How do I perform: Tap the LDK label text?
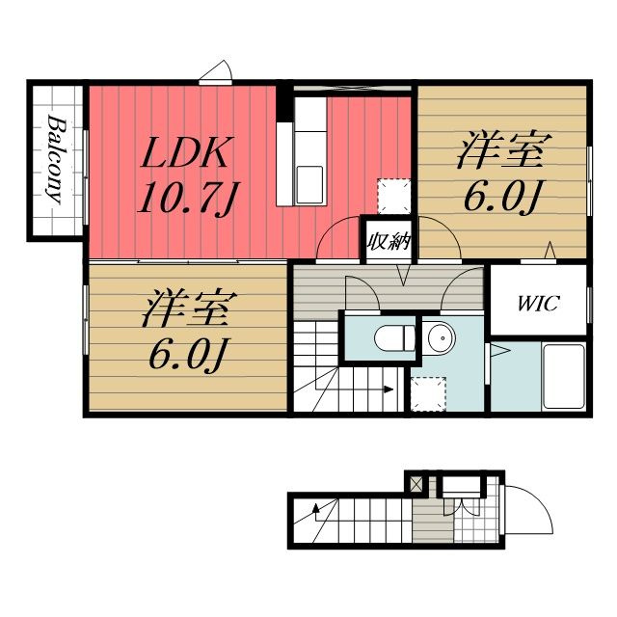tap(184, 152)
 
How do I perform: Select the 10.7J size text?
tap(189, 198)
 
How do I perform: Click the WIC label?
tap(538, 304)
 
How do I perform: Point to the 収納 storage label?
tap(389, 242)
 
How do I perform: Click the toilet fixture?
tap(394, 338)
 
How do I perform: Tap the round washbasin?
tap(442, 337)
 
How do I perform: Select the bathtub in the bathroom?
tap(563, 377)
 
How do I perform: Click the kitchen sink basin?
tap(309, 185)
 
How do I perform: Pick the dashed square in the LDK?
tap(394, 197)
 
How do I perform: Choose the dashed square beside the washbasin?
tap(428, 394)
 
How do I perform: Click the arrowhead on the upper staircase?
tap(389, 389)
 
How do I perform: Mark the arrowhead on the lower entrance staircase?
tap(315, 509)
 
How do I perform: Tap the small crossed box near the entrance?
tap(416, 484)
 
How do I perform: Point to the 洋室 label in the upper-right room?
tap(504, 151)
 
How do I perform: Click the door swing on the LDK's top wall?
tap(216, 73)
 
